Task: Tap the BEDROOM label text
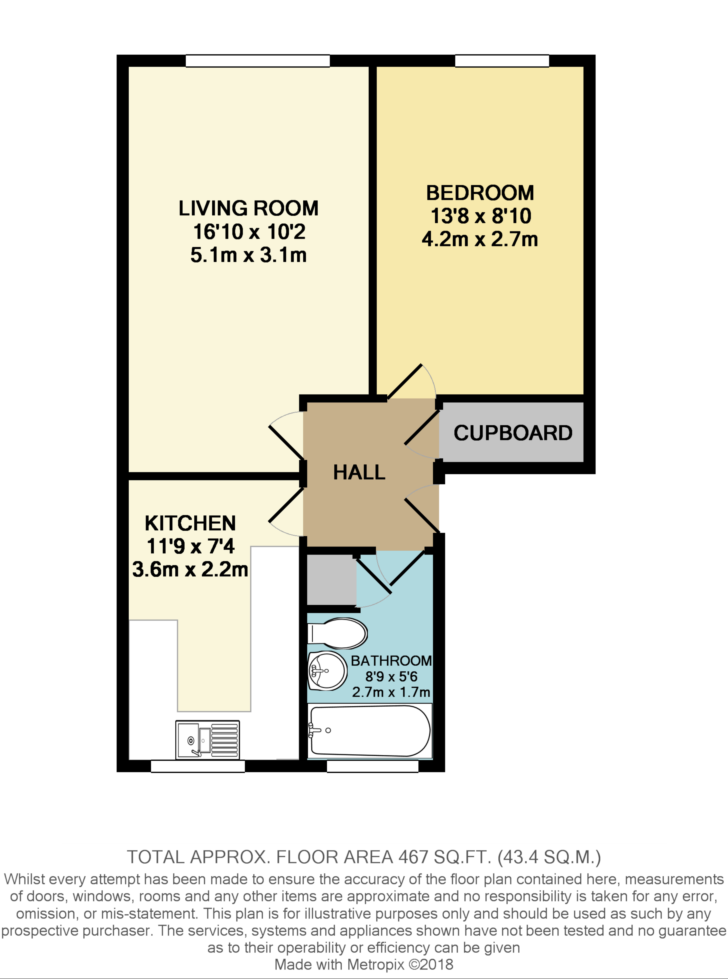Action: (480, 193)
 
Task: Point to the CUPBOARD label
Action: (513, 433)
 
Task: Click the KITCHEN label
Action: (190, 523)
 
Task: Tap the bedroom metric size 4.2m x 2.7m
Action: (480, 239)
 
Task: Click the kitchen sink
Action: (207, 740)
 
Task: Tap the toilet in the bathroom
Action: (337, 633)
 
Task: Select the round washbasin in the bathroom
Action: (327, 671)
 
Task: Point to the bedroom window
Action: (502, 61)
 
